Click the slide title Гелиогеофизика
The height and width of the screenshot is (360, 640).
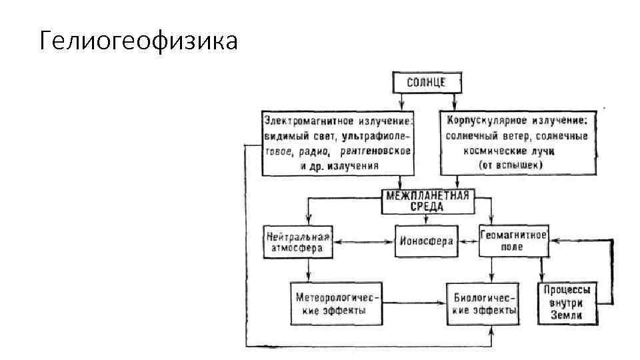(x=138, y=41)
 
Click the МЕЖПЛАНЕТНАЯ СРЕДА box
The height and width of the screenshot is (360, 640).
(x=428, y=201)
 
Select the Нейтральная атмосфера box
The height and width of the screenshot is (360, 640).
(x=298, y=241)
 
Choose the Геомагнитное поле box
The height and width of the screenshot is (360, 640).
(x=513, y=241)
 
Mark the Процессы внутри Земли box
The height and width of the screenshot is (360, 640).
(x=567, y=303)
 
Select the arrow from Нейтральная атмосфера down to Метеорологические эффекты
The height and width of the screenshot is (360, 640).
(x=309, y=269)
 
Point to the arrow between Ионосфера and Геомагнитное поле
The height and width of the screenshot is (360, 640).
(x=467, y=241)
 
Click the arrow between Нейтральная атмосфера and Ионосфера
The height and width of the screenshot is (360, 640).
(x=363, y=241)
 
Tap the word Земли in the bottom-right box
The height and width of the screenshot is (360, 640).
(x=567, y=316)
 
